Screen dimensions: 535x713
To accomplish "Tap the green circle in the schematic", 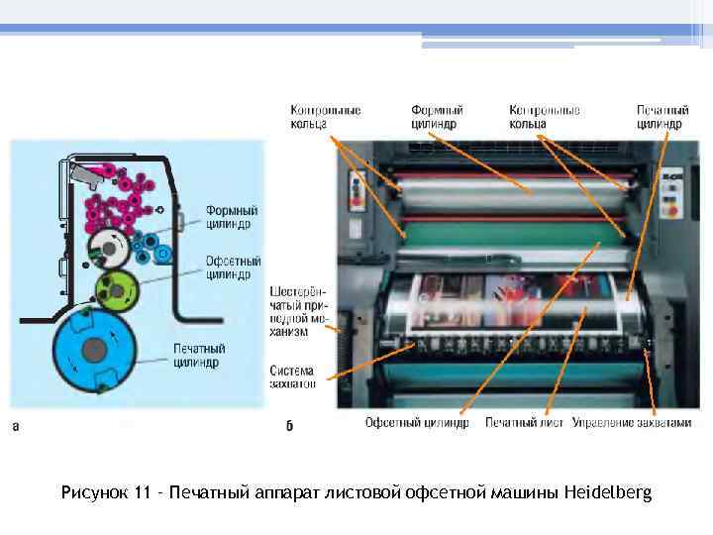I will (117, 289).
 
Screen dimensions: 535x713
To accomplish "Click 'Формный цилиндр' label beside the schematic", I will (233, 217).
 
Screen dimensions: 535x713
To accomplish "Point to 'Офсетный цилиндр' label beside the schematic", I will (234, 267).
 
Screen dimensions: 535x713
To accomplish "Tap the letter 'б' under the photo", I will (289, 426).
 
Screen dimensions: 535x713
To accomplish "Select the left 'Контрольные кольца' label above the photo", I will (325, 117).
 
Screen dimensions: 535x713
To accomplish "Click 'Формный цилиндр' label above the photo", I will (437, 117).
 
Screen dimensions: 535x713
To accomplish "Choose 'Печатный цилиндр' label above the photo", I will (659, 117).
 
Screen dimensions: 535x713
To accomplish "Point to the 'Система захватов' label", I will (293, 376).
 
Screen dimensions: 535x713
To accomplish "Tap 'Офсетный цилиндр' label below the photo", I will (417, 422).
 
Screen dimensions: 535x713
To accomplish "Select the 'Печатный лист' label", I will (524, 422).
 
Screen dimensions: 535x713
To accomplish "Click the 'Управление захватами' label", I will (631, 422).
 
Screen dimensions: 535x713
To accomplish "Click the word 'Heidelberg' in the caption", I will (607, 492).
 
